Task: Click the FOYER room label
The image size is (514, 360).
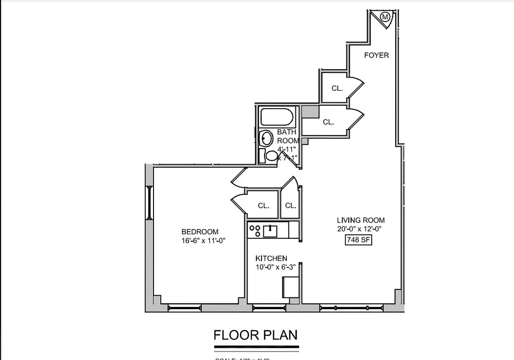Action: pos(376,55)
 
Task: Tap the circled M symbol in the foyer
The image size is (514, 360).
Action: pos(385,18)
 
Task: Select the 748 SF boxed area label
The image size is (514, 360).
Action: pos(358,240)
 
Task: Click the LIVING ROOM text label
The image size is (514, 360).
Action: pos(361,220)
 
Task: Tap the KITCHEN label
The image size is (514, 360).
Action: pos(271,258)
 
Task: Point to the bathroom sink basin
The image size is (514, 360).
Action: pos(266,138)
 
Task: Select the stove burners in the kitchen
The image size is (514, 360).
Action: pos(255,231)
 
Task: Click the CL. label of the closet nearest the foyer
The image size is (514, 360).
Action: pos(337,88)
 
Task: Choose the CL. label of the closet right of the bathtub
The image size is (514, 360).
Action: pos(328,121)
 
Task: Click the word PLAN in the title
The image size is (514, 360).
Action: pos(280,335)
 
